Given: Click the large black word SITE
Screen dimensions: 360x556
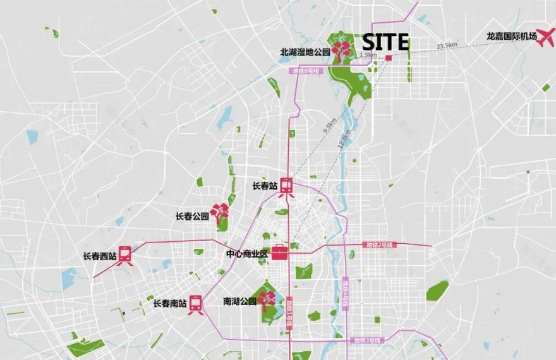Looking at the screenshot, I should (x=385, y=42).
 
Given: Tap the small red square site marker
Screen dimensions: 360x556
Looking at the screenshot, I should (x=389, y=57).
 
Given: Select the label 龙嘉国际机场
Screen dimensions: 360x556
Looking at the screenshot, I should (x=512, y=37).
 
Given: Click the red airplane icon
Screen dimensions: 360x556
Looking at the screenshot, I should (x=544, y=36).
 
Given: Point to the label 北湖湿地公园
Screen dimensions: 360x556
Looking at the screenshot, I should (x=305, y=52).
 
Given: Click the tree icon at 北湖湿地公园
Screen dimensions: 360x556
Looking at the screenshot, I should (x=342, y=51).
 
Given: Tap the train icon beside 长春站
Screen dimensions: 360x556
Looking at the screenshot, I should (x=287, y=186).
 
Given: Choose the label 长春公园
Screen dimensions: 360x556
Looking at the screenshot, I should (x=192, y=216).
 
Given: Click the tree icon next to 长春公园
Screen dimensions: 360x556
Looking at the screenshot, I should (x=220, y=213).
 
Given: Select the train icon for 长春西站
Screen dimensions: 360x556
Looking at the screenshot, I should (x=125, y=255).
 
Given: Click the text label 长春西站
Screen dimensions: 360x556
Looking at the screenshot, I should (x=99, y=256).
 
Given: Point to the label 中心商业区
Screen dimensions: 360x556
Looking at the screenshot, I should (x=248, y=254).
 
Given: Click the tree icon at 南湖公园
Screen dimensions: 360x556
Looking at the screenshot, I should (x=267, y=299).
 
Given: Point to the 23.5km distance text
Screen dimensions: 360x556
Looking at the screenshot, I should (x=446, y=45).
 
